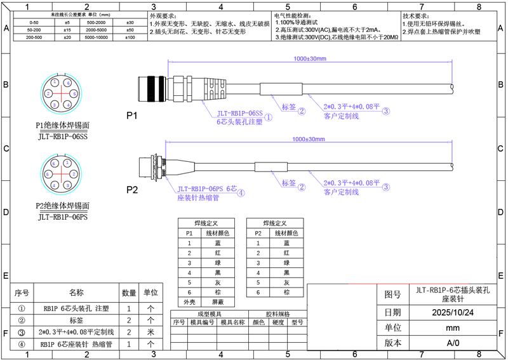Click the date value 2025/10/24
pos(452,313)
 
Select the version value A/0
pos(452,343)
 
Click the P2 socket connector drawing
pos(156,167)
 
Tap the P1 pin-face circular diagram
pos(61,96)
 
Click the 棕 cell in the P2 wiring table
pos(286,292)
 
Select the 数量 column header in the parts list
pos(129,293)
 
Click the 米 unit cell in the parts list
pos(150,331)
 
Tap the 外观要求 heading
pos(163,15)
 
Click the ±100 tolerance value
pos(130,38)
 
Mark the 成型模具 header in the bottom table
pos(210,314)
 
